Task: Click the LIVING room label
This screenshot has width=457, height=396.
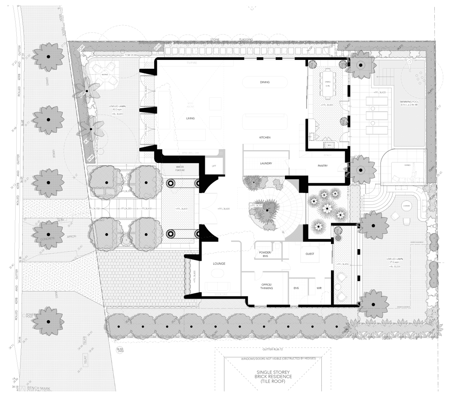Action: point(190,119)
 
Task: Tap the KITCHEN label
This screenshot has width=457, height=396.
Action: point(265,138)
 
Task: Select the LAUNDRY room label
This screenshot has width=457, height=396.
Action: point(266,163)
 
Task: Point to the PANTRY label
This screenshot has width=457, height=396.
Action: point(323,166)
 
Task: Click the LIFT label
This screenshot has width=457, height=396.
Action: point(214,166)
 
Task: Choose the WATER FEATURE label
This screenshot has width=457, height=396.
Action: point(180,168)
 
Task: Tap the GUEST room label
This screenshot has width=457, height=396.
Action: point(310,254)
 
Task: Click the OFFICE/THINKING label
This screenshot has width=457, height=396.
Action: point(266,286)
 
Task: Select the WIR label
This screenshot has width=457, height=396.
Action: point(319,288)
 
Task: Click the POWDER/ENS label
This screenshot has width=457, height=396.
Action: point(265,254)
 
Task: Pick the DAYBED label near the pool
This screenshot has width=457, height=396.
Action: point(407,165)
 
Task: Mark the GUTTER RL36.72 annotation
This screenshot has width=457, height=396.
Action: point(273,350)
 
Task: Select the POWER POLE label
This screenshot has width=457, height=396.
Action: point(30,316)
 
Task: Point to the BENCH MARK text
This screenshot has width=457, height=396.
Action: point(37,388)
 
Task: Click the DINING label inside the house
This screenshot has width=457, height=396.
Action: point(265,82)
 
